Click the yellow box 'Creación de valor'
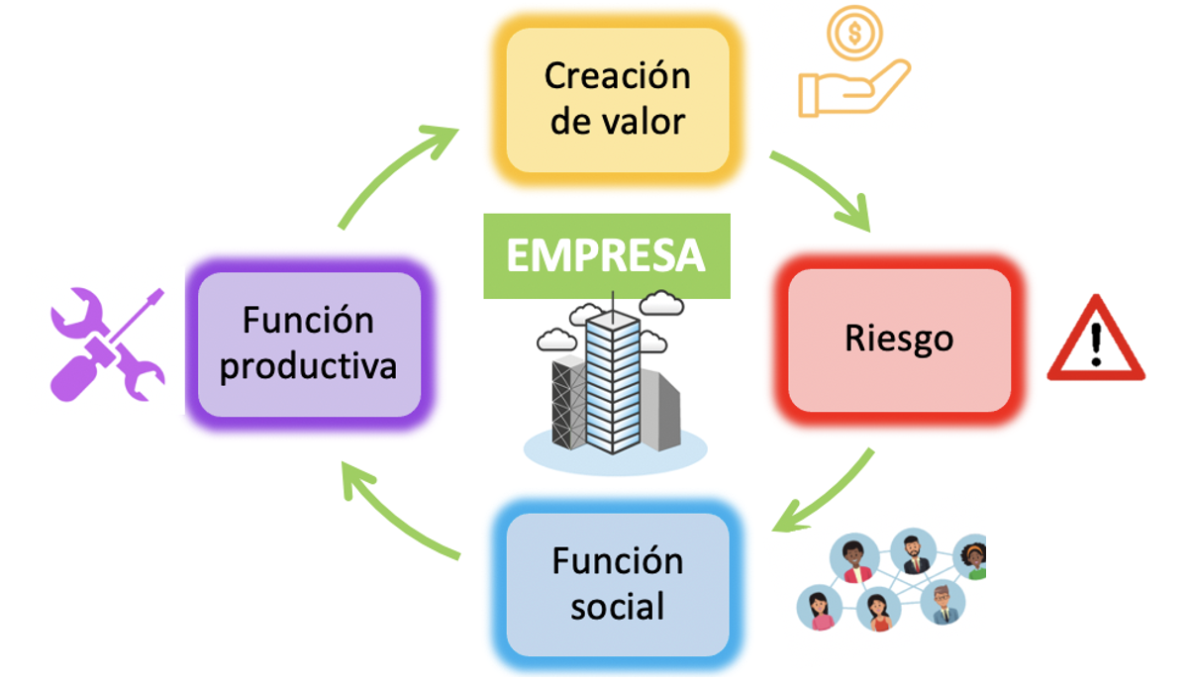pos(617,99)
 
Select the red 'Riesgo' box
pos(899,339)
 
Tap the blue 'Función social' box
pos(617,584)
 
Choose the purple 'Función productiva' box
pos(309,344)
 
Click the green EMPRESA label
pos(606,255)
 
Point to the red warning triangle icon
pos(1095,341)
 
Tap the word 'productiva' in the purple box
pos(309,366)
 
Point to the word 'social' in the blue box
pos(617,606)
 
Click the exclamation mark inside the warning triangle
pos(1096,346)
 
